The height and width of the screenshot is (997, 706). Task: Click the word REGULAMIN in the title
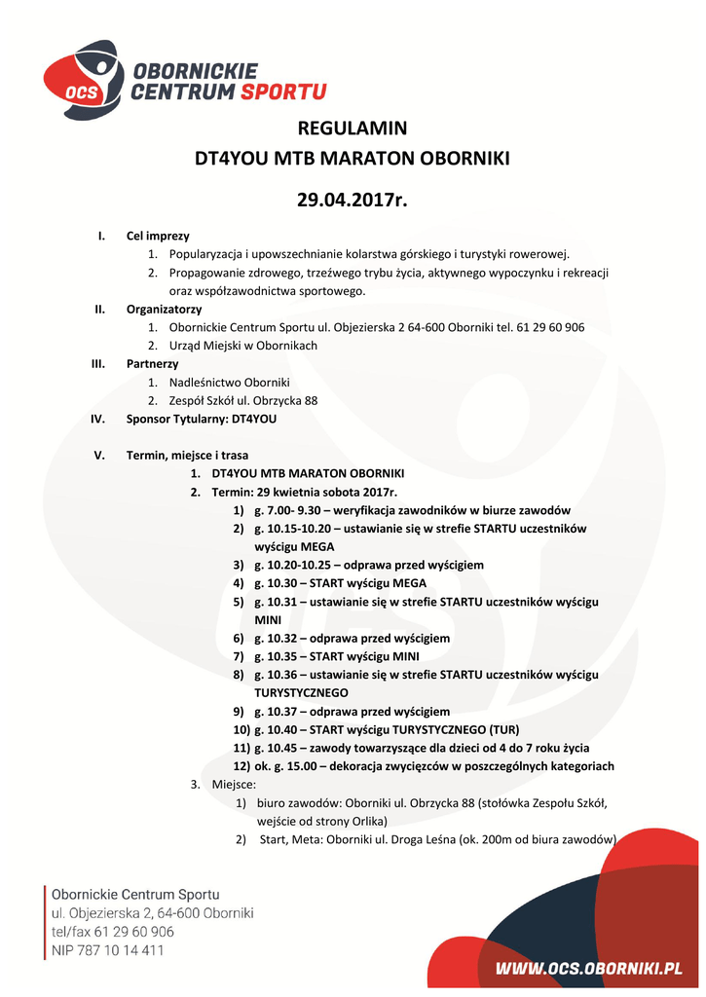click(353, 129)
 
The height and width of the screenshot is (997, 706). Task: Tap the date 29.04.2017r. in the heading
click(353, 202)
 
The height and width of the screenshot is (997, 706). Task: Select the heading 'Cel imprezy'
click(158, 236)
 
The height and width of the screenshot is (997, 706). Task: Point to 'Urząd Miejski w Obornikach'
click(243, 346)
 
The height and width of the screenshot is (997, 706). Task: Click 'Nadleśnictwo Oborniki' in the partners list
click(230, 382)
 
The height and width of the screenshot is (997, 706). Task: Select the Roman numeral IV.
click(97, 419)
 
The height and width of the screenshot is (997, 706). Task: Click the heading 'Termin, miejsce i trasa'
click(187, 455)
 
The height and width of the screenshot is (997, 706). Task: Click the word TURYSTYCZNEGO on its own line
click(302, 693)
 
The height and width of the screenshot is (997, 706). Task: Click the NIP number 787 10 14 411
click(121, 950)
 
